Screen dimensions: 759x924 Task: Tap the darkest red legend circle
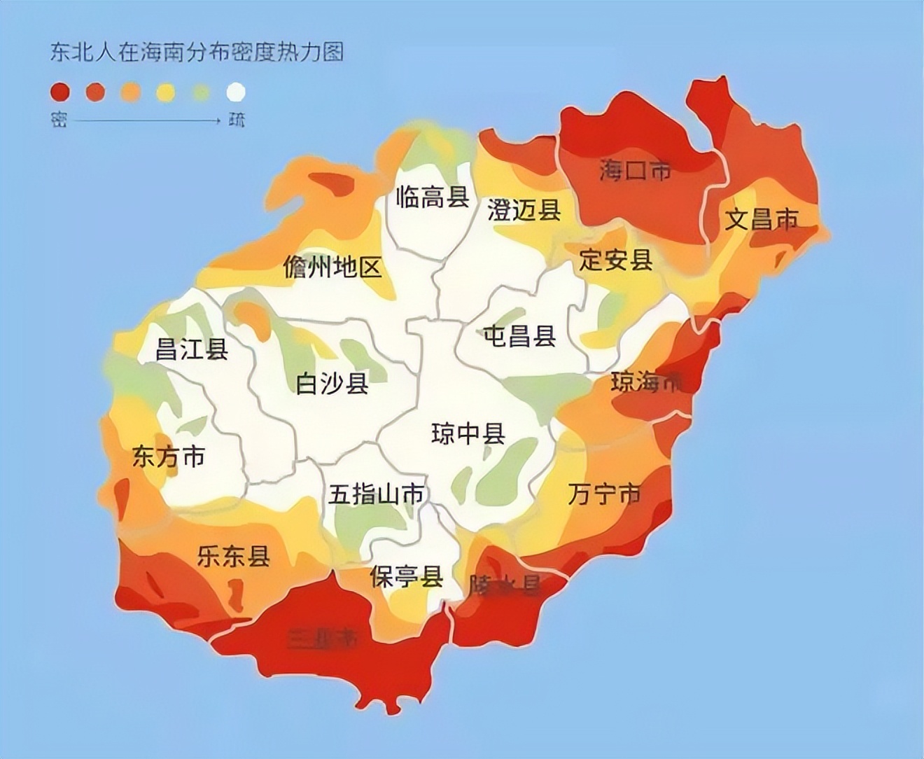tap(59, 92)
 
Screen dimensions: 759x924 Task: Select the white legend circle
tap(237, 92)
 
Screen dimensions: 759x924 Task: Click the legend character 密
tap(58, 120)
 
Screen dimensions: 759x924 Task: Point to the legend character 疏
tap(237, 120)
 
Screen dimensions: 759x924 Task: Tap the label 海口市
tap(635, 170)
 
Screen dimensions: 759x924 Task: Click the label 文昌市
tap(761, 219)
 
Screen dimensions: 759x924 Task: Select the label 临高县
tap(433, 197)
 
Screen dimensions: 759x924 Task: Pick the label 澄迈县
tap(524, 209)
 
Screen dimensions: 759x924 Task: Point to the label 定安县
tap(616, 260)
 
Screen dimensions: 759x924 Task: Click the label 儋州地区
tap(332, 267)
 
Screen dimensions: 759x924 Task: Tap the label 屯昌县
tap(520, 336)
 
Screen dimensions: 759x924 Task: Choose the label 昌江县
tap(192, 348)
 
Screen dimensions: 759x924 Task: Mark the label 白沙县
tap(332, 383)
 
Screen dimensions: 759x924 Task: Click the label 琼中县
tap(468, 434)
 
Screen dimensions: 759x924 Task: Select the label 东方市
tap(169, 457)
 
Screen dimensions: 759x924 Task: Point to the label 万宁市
tap(604, 494)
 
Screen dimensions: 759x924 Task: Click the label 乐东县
tap(234, 557)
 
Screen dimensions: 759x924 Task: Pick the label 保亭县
tap(407, 578)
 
